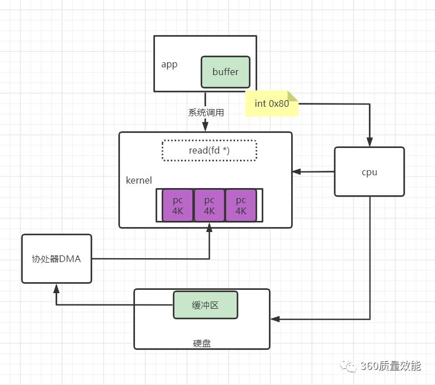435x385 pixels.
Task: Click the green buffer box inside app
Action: click(x=225, y=72)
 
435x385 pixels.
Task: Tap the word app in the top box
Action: click(x=169, y=65)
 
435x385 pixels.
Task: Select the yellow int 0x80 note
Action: click(x=272, y=103)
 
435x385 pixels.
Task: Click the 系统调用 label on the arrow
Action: click(x=206, y=112)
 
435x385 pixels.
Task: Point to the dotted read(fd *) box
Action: click(x=209, y=150)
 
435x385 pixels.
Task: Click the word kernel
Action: click(x=139, y=181)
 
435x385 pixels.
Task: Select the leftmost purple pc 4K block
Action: click(x=178, y=205)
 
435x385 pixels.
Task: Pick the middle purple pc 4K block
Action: click(x=209, y=205)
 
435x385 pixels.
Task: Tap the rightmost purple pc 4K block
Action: click(x=241, y=205)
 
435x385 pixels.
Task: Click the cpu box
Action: click(x=369, y=172)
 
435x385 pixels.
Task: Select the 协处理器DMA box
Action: click(x=57, y=258)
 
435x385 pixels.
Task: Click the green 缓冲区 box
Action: click(x=205, y=305)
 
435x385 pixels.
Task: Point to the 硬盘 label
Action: click(x=202, y=343)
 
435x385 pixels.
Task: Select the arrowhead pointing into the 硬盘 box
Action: click(x=275, y=319)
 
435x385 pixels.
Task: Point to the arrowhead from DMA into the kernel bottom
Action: click(x=209, y=228)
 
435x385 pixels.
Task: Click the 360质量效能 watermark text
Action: click(x=391, y=366)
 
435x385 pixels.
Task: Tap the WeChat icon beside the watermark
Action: click(x=350, y=366)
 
